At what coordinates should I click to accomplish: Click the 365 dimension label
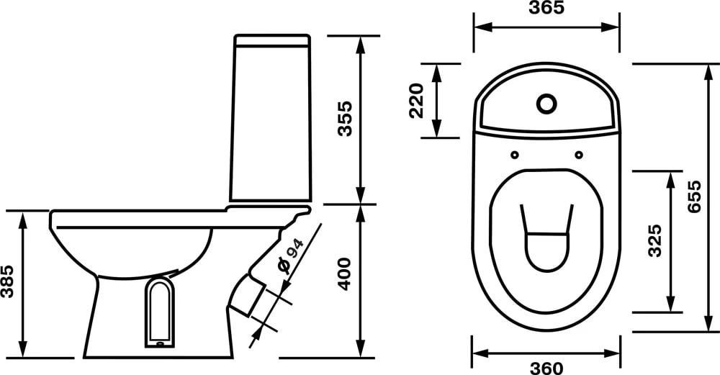click(546, 8)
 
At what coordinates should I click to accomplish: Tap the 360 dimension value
click(546, 368)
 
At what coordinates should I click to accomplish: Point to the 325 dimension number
click(654, 240)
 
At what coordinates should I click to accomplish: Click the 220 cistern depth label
click(416, 101)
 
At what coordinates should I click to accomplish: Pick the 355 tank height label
click(345, 119)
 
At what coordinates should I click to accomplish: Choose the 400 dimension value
click(345, 274)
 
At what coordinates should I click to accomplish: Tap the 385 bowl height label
click(8, 281)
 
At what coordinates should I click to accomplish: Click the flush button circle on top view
click(546, 104)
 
